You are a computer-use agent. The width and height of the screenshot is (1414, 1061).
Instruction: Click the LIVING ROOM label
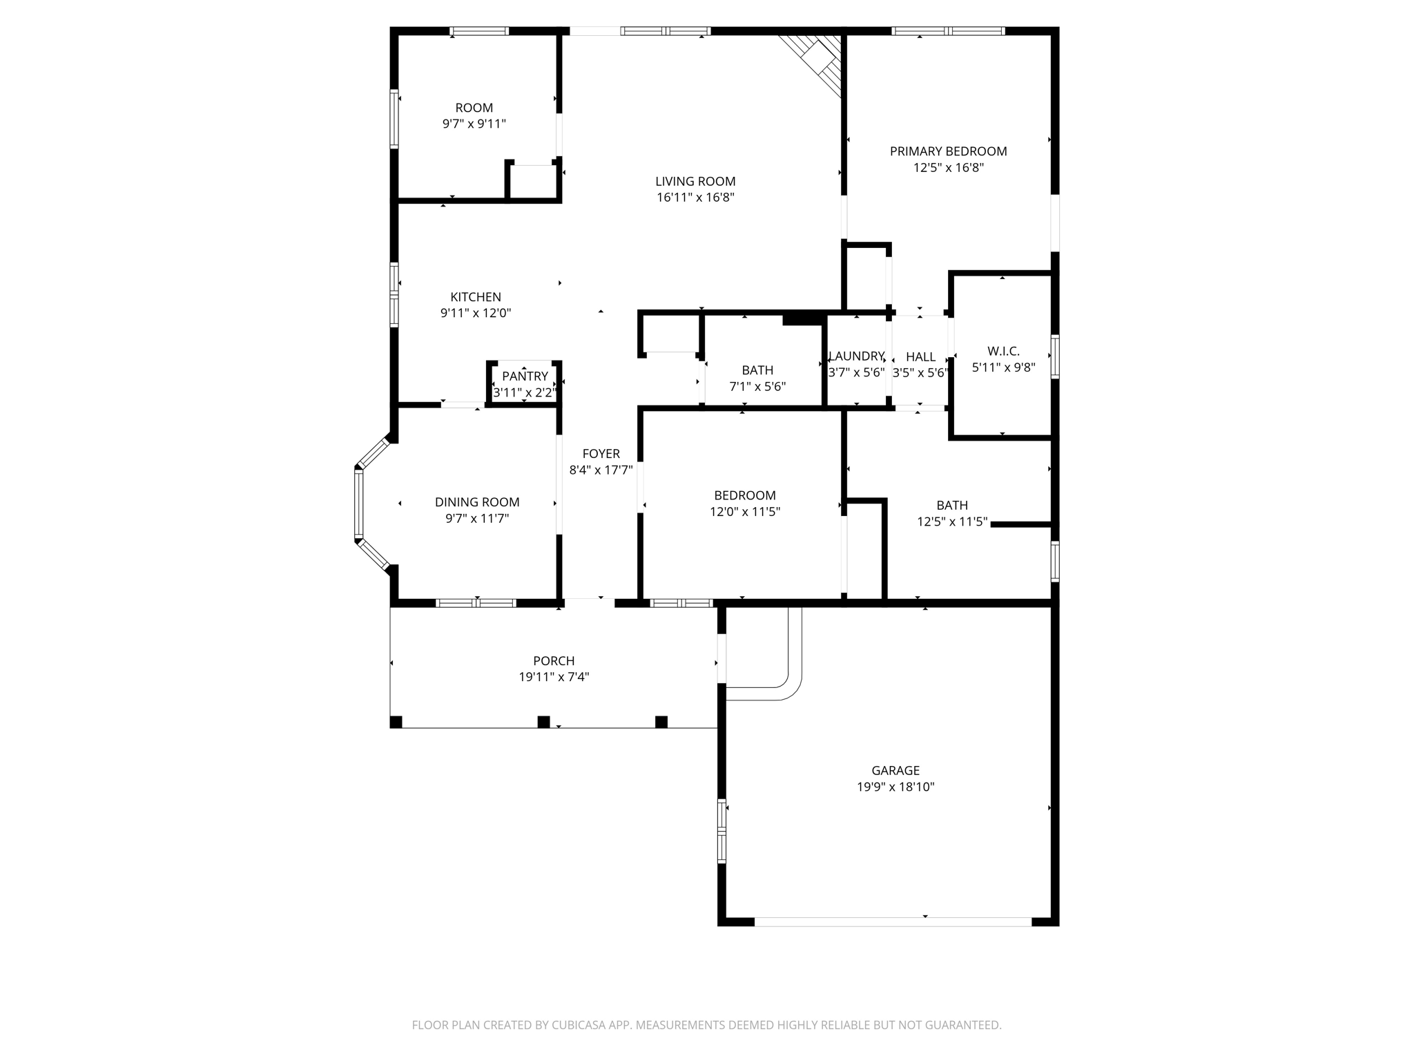695,182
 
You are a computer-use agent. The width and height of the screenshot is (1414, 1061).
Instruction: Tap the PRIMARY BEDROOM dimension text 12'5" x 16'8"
948,168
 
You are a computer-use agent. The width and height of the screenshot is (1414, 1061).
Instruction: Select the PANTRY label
525,376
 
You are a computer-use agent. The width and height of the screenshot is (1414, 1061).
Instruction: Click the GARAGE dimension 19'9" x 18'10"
895,787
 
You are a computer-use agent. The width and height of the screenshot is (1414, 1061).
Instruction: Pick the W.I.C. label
1003,352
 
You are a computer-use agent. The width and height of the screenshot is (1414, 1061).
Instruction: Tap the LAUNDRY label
856,356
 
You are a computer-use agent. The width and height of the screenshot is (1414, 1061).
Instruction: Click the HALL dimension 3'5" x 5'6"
920,373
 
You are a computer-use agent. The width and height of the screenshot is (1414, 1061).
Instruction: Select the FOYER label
601,454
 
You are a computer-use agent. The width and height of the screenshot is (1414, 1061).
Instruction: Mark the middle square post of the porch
543,722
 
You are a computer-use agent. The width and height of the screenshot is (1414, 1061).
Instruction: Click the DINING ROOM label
477,502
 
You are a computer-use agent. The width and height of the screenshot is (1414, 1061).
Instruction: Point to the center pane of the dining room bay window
359,503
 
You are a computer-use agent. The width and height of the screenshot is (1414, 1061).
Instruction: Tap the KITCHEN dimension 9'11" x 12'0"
476,313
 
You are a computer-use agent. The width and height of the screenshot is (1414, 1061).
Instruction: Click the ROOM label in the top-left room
474,108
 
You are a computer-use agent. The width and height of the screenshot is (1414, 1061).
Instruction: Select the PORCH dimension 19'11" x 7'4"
554,678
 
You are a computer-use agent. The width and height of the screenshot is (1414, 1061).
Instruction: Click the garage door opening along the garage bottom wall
892,921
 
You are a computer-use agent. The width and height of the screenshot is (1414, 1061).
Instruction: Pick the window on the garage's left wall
722,831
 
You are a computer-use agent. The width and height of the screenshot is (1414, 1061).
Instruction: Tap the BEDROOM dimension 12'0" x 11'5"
745,512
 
